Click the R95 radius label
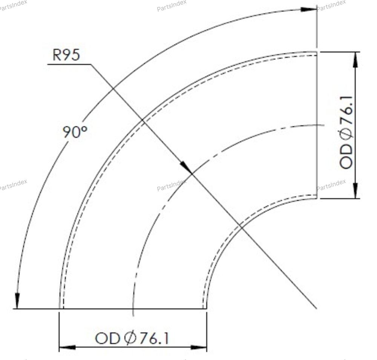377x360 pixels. pyautogui.click(x=66, y=55)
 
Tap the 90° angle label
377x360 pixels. pyautogui.click(x=75, y=132)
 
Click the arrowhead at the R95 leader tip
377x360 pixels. pyautogui.click(x=186, y=167)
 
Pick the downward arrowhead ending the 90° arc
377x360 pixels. pyautogui.click(x=17, y=301)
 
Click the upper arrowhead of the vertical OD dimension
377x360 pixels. pyautogui.click(x=356, y=60)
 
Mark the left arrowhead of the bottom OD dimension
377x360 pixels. pyautogui.click(x=67, y=347)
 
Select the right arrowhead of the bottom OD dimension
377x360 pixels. pyautogui.click(x=199, y=347)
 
